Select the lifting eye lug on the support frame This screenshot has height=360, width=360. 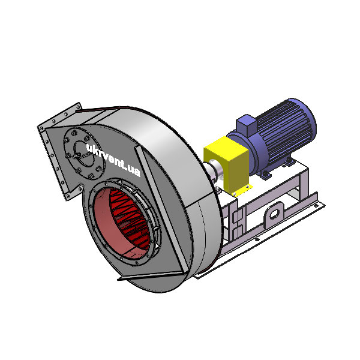[275, 212]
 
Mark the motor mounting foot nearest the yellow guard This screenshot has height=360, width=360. [264, 175]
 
